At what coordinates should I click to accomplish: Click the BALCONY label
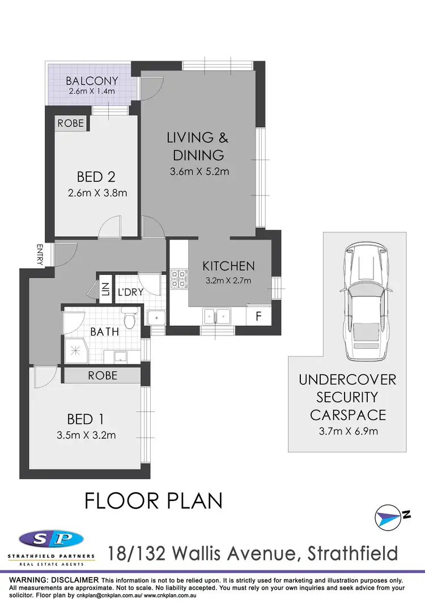91,81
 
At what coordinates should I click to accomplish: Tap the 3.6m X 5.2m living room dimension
199,171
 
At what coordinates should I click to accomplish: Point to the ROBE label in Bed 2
71,123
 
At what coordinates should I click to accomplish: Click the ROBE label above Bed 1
103,375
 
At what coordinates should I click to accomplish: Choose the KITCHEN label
228,266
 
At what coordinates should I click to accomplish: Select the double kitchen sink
217,316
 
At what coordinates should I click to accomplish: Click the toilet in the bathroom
130,321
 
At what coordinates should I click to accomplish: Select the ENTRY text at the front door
40,253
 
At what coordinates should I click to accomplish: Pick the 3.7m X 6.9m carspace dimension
347,431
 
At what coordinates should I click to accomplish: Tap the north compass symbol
392,516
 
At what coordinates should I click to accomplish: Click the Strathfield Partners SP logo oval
51,539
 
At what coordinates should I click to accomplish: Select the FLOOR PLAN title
153,501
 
